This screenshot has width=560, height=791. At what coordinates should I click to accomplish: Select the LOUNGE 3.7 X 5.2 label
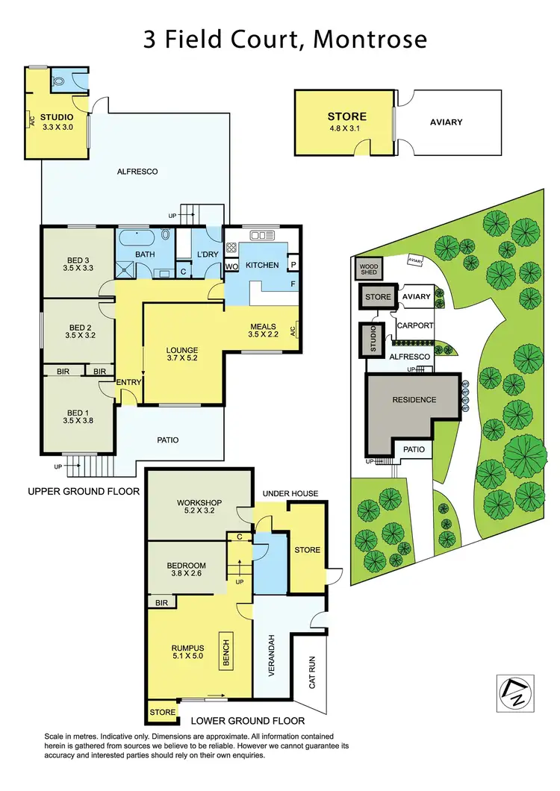[182, 354]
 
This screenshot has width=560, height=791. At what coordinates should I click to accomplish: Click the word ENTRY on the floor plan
[128, 382]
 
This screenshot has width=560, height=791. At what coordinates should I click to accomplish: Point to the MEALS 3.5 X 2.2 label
[262, 331]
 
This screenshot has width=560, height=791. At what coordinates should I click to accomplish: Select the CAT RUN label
[311, 673]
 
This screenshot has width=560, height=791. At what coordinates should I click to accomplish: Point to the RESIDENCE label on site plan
[414, 400]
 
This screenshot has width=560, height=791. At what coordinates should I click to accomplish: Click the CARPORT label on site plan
[415, 326]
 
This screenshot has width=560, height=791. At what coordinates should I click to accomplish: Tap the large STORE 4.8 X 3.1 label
[347, 122]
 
